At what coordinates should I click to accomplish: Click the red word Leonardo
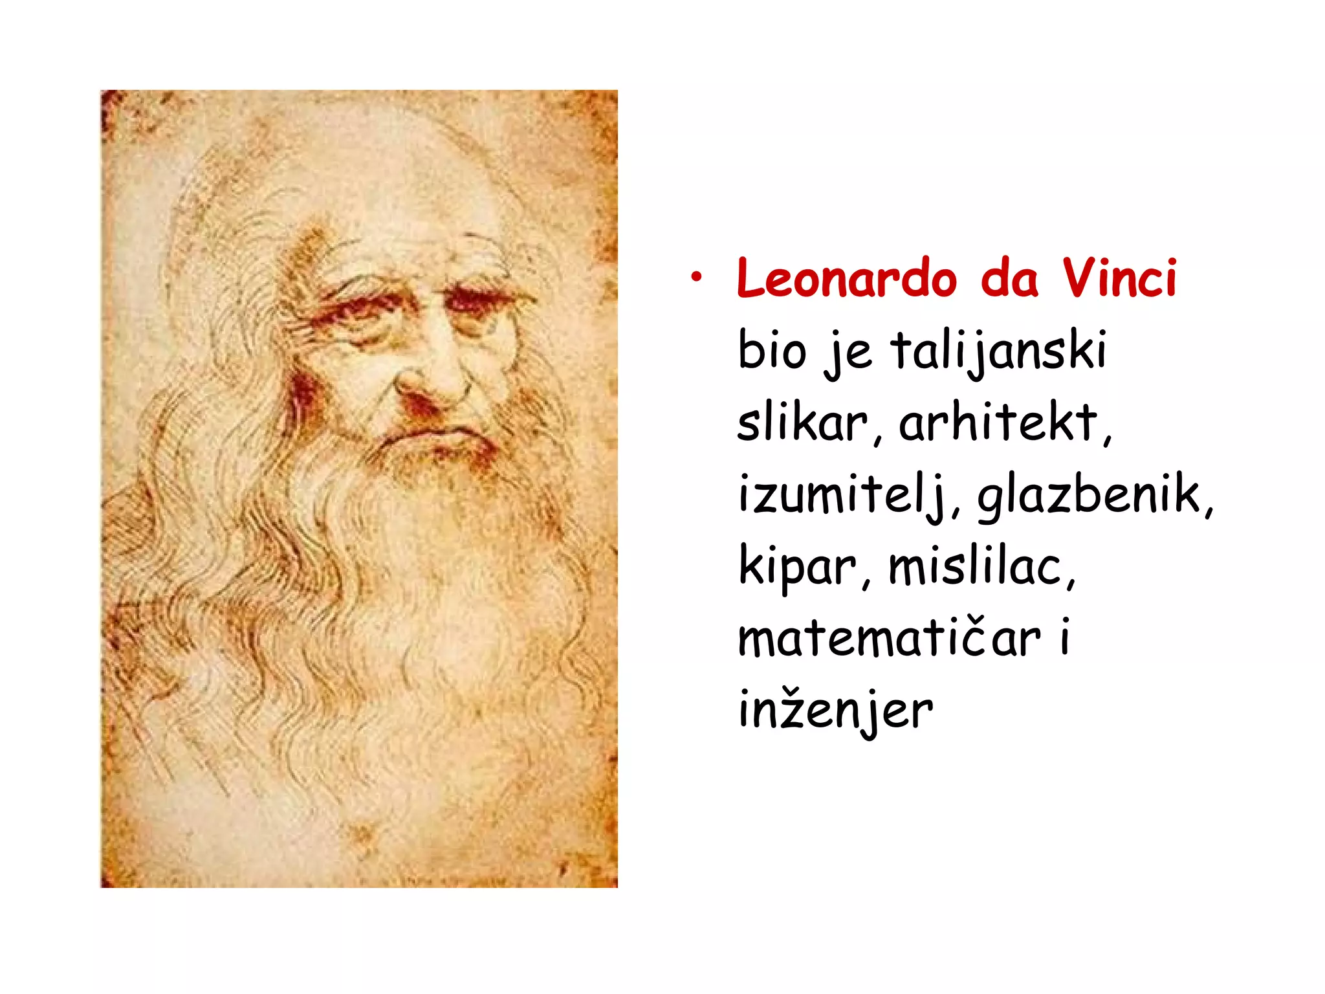pos(846,279)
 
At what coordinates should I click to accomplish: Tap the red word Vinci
pos(1119,279)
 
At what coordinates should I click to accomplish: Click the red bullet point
pos(695,278)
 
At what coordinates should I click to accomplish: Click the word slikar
pos(802,423)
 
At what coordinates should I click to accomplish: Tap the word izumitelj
pos(841,496)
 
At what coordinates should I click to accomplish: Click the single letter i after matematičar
pos(1065,638)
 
